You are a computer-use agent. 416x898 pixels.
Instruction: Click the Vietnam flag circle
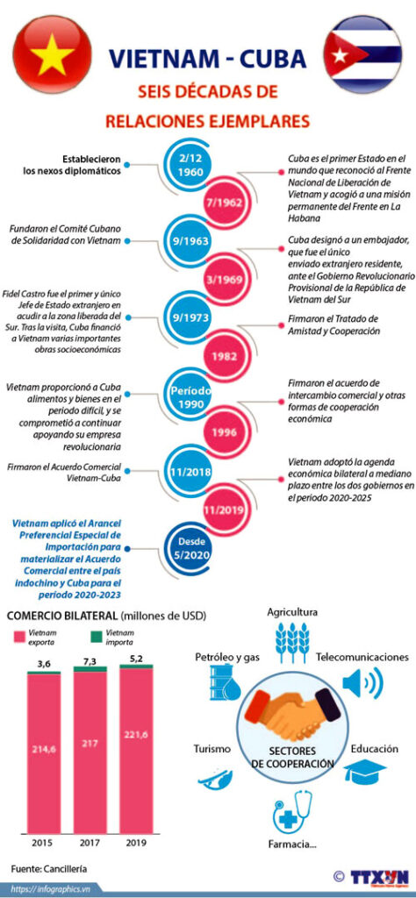point(52,54)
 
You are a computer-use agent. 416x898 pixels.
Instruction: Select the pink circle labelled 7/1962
point(225,203)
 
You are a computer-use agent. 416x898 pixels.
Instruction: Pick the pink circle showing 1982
point(225,356)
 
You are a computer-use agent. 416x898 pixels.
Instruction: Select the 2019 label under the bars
point(135,843)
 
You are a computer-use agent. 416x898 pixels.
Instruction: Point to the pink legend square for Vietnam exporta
point(18,637)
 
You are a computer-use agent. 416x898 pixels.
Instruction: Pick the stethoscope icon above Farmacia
point(293,812)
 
